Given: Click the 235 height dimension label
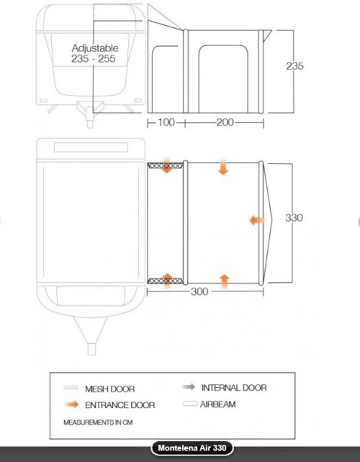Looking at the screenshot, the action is (294, 66).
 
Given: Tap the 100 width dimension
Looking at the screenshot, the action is (166, 122).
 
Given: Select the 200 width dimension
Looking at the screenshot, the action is (225, 122).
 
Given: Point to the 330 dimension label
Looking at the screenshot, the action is (294, 218).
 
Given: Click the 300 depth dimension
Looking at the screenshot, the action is (199, 291).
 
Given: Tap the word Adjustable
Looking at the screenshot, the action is (95, 48).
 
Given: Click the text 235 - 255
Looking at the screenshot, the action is (93, 58).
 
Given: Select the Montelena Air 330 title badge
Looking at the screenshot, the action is (192, 448).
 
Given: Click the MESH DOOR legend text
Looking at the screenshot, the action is (109, 389).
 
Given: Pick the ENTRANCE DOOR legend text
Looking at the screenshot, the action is (120, 405).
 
